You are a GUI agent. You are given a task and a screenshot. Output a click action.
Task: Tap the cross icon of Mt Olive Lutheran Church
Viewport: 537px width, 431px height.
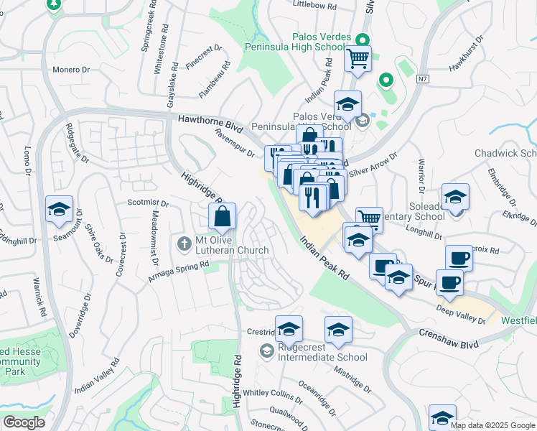coord(185,244)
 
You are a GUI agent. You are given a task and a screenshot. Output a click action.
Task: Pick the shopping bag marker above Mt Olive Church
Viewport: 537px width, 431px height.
coord(223,215)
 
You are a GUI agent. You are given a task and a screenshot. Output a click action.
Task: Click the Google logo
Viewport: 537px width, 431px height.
coord(24,422)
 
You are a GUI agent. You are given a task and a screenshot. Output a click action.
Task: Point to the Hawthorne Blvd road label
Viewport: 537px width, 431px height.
coord(206,123)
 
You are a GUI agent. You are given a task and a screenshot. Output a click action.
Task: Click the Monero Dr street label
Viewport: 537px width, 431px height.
coord(70,70)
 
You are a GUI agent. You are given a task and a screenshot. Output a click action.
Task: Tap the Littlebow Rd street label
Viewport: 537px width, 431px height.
coord(315,5)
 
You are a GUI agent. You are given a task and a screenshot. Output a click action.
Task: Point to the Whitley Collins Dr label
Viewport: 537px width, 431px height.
coord(273,393)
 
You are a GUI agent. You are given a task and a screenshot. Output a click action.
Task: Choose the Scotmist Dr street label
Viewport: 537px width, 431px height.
coord(148,203)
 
